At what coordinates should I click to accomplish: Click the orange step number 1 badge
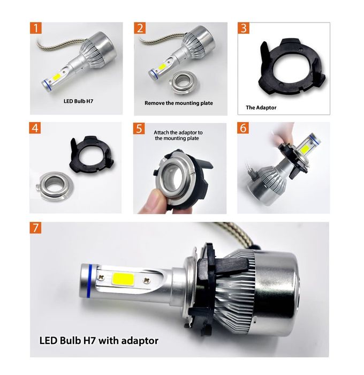pyautogui.click(x=36, y=28)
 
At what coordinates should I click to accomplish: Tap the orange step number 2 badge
pyautogui.click(x=140, y=28)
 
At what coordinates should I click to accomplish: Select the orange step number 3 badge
pyautogui.click(x=244, y=28)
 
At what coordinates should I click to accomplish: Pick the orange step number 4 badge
pyautogui.click(x=36, y=129)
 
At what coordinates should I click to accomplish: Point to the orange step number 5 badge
pyautogui.click(x=140, y=129)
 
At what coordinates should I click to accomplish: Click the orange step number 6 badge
pyautogui.click(x=244, y=129)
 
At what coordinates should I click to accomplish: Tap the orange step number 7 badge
pyautogui.click(x=36, y=228)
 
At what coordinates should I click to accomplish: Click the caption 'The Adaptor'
pyautogui.click(x=261, y=107)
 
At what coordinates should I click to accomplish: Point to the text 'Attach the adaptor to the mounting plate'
pyautogui.click(x=178, y=134)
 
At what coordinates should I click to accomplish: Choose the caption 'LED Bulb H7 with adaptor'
pyautogui.click(x=99, y=340)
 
